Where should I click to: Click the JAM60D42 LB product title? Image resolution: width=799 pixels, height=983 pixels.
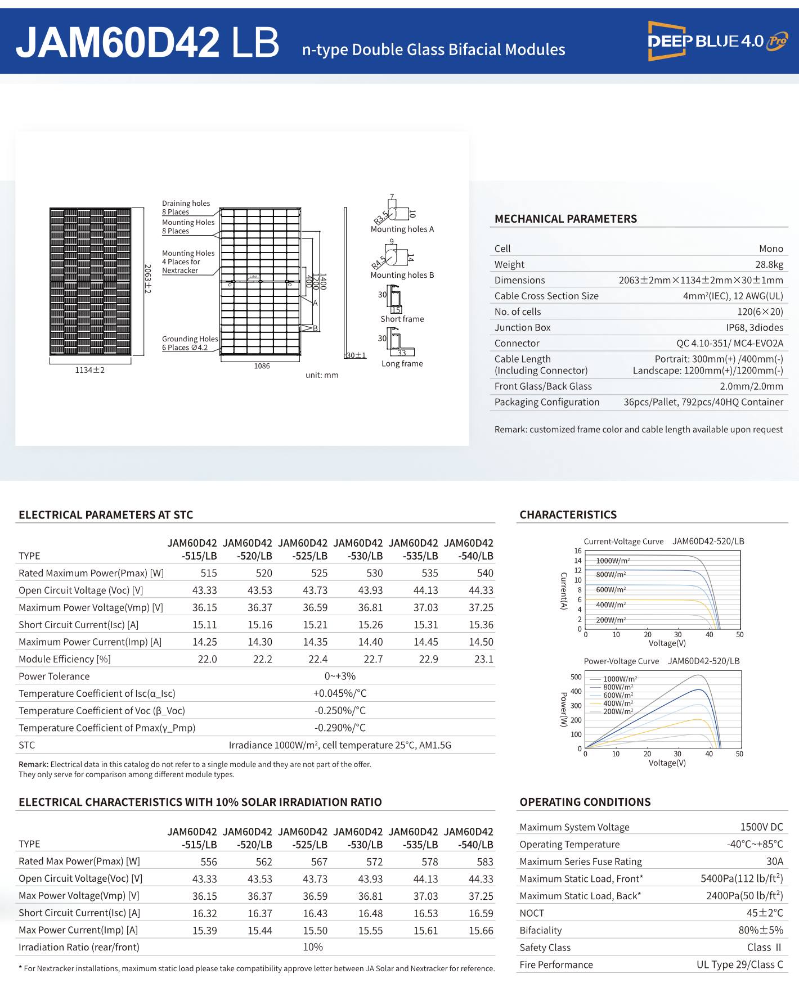[x=147, y=43]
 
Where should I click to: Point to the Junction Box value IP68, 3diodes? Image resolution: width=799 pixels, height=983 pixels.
[x=754, y=327]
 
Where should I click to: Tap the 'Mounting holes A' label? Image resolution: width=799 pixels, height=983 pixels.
[x=402, y=229]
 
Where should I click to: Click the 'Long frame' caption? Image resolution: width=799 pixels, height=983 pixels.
[x=402, y=364]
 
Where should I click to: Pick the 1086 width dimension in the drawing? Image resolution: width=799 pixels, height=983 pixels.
[x=262, y=366]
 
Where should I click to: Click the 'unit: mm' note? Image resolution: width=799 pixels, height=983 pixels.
[x=322, y=375]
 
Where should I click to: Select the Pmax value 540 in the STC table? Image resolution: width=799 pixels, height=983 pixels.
[x=484, y=573]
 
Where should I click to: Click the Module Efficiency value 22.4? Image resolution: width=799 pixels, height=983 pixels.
[x=318, y=659]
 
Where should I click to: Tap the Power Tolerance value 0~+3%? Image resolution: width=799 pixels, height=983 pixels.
[x=340, y=676]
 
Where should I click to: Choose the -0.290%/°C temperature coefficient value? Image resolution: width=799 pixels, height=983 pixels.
[x=340, y=728]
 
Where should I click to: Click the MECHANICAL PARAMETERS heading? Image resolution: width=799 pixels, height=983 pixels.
[x=565, y=219]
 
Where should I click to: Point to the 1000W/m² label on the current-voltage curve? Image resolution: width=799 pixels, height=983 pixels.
[x=613, y=561]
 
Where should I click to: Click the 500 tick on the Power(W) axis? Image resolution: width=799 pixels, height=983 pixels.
[x=576, y=677]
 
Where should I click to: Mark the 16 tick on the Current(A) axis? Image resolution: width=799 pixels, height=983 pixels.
[x=578, y=551]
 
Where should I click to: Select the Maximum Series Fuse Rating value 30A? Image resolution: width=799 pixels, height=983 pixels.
[x=774, y=862]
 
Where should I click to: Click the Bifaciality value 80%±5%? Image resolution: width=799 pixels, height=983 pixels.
[x=760, y=930]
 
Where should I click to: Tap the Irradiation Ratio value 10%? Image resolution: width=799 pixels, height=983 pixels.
[x=313, y=947]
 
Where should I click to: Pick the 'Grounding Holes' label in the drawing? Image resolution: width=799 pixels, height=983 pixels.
[x=190, y=339]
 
